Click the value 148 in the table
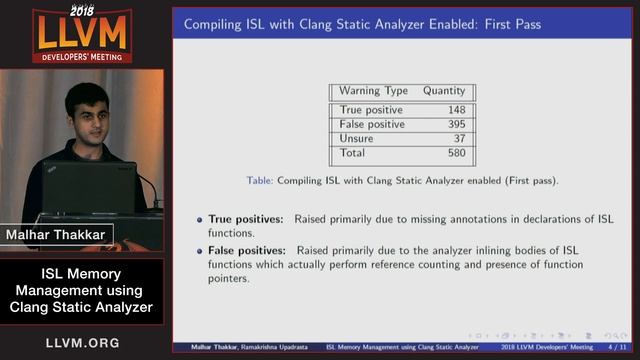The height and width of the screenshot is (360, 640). tap(456, 110)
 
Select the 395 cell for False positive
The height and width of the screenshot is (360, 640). tap(456, 124)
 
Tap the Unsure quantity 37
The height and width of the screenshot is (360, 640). tap(459, 139)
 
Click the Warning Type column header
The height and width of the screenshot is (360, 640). tap(373, 91)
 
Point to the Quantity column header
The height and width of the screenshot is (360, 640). tap(444, 91)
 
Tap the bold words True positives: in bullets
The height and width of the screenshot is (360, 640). tap(246, 218)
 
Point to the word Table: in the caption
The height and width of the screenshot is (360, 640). tap(261, 181)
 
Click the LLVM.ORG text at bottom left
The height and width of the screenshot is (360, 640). tap(82, 343)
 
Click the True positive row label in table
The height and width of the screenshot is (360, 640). tap(371, 110)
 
